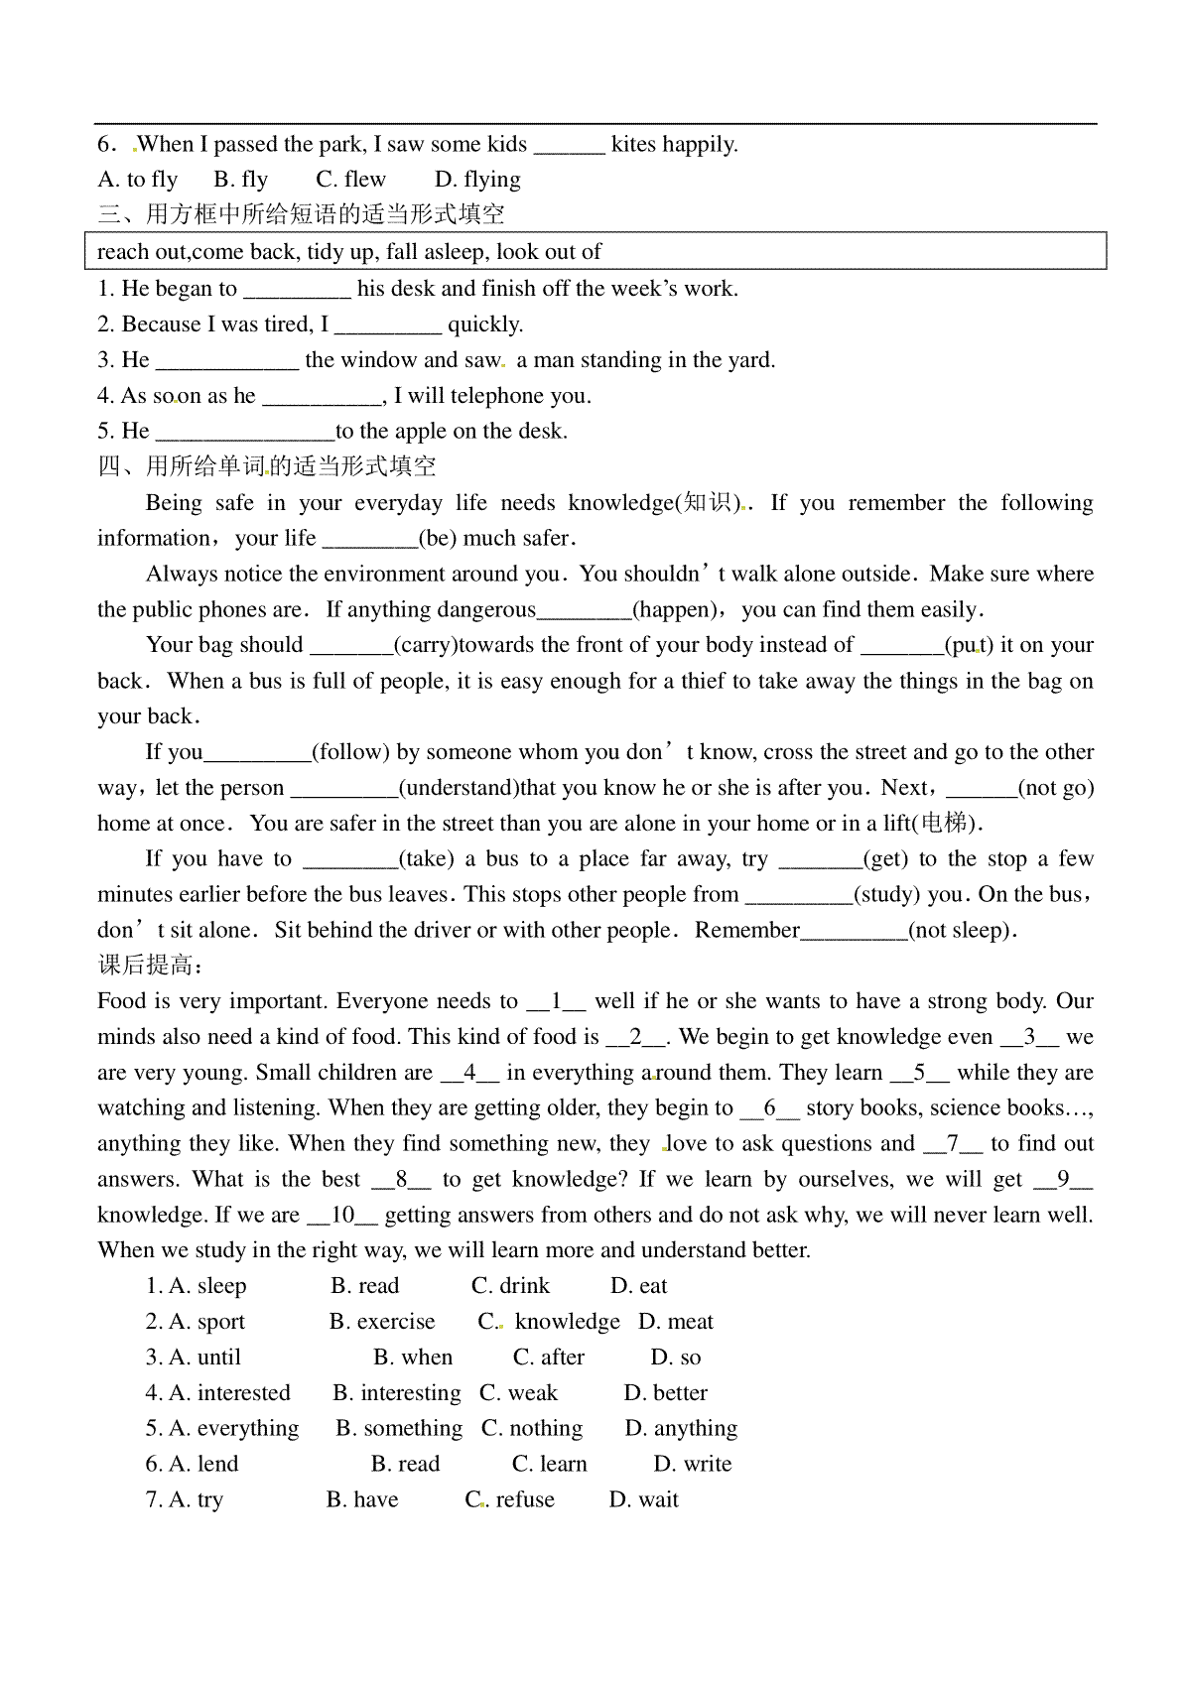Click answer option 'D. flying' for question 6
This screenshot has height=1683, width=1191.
pyautogui.click(x=477, y=180)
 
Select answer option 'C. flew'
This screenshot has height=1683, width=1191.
pyautogui.click(x=350, y=180)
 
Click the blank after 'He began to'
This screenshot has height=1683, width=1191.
pyautogui.click(x=297, y=290)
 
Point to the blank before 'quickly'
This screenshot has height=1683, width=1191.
pyautogui.click(x=387, y=325)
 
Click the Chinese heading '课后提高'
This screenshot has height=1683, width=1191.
pyautogui.click(x=150, y=966)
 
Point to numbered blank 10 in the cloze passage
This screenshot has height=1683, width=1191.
pyautogui.click(x=342, y=1216)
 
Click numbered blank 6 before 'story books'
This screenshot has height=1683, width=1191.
pyautogui.click(x=769, y=1108)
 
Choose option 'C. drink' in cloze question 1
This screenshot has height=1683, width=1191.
pyautogui.click(x=510, y=1286)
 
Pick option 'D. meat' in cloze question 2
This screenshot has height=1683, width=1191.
pyautogui.click(x=676, y=1322)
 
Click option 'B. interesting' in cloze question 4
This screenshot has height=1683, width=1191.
pyautogui.click(x=397, y=1393)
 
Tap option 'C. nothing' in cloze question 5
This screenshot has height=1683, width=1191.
pyautogui.click(x=532, y=1429)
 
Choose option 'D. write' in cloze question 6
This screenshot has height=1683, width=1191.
pyautogui.click(x=693, y=1465)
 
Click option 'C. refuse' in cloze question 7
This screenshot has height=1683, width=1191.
pyautogui.click(x=510, y=1500)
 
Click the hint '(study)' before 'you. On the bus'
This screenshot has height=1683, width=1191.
pyautogui.click(x=887, y=895)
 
